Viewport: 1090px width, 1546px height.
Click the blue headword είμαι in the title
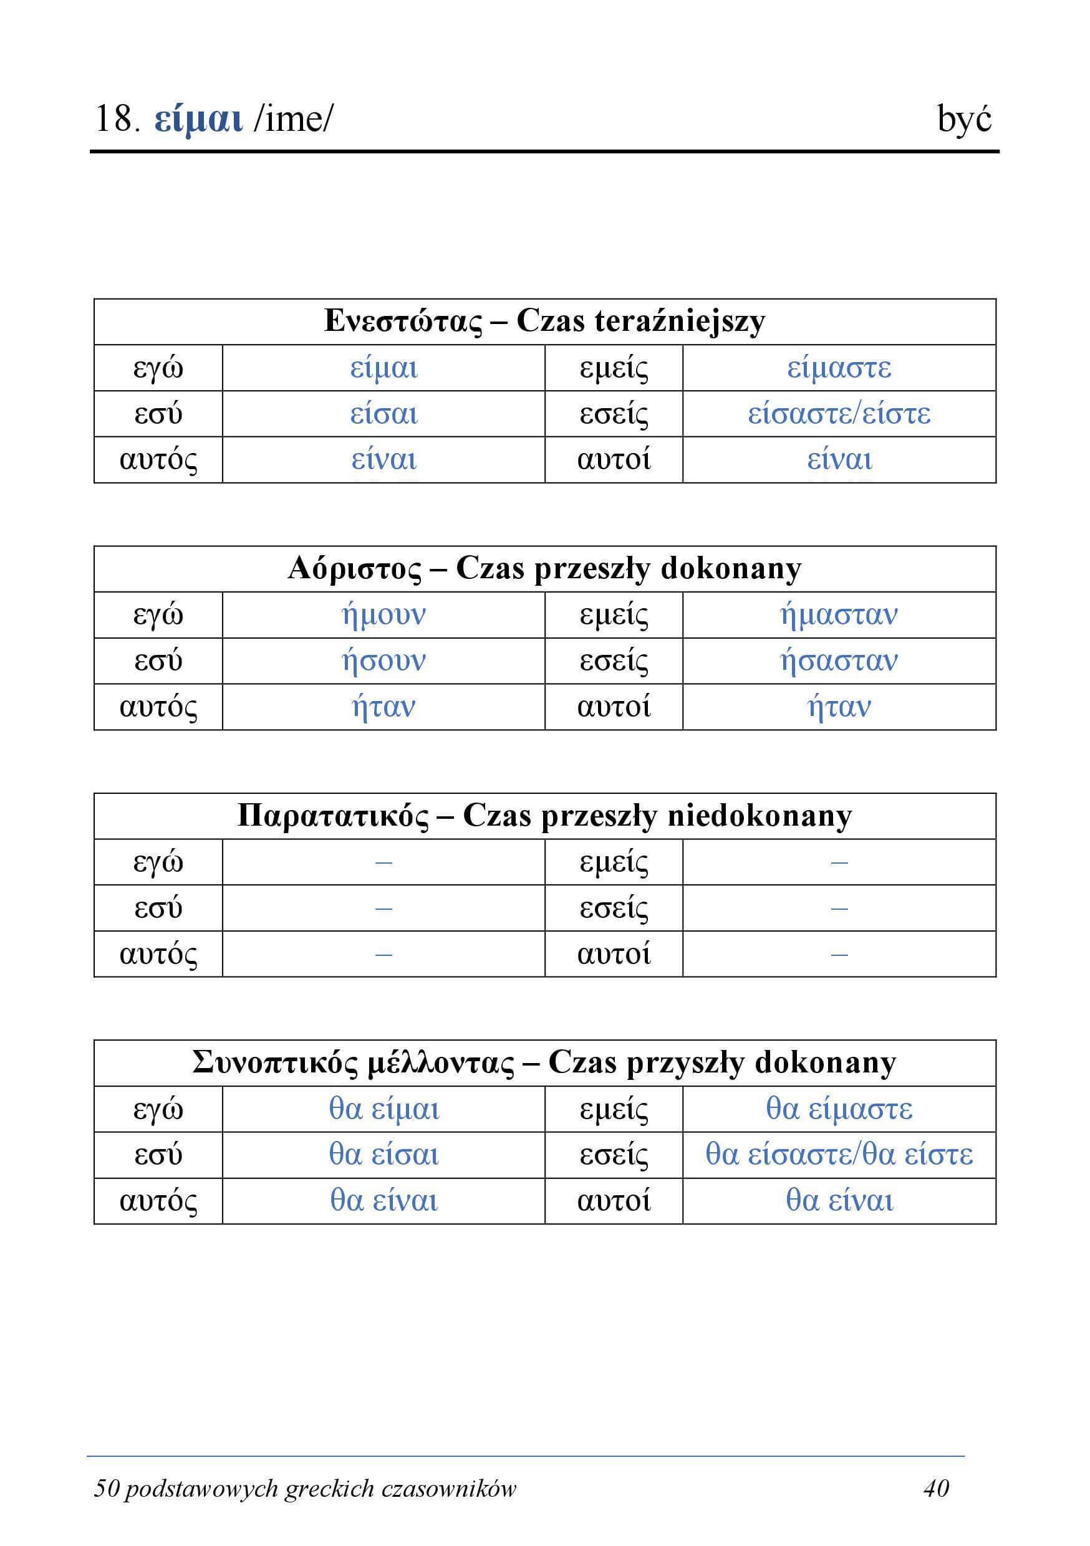(x=198, y=120)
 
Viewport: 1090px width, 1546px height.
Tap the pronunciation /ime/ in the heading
(x=294, y=120)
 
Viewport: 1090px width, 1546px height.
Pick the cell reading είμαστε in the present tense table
(x=839, y=368)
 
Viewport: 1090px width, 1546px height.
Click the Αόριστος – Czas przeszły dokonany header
(x=544, y=569)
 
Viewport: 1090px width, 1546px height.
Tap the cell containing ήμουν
(x=383, y=615)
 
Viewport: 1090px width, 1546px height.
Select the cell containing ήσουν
(x=383, y=661)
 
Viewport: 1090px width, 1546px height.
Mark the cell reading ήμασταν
(x=839, y=615)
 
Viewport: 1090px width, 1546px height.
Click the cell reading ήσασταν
(x=839, y=661)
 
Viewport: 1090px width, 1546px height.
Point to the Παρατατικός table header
(x=544, y=816)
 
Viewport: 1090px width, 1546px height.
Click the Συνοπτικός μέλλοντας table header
(x=544, y=1063)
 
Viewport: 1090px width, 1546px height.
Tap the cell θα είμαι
(x=383, y=1109)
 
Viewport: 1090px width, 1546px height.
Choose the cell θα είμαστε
(x=839, y=1109)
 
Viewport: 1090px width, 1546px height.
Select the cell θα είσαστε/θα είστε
(x=839, y=1155)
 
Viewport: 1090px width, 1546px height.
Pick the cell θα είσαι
(x=383, y=1155)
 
